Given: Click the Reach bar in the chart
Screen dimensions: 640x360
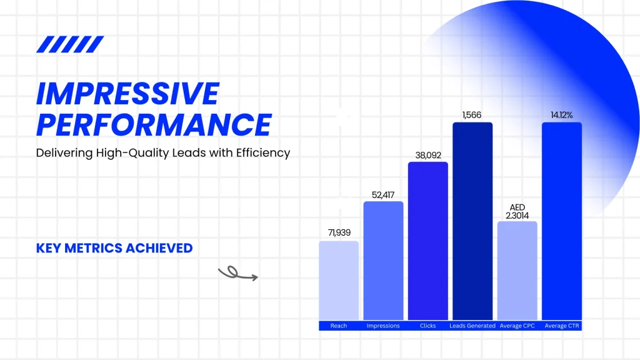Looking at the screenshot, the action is [339, 281].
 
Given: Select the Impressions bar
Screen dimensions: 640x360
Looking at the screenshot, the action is [383, 261].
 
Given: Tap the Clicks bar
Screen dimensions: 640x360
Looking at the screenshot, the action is [427, 241].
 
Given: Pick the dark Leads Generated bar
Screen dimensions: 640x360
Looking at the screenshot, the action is [472, 221].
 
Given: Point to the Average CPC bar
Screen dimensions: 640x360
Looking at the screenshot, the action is [517, 271].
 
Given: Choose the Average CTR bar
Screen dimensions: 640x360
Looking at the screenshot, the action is [562, 221].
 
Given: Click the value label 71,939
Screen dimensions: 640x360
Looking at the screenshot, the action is [339, 232].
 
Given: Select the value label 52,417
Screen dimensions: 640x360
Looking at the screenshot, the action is [383, 195].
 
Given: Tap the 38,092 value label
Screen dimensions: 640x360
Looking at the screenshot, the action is [428, 156].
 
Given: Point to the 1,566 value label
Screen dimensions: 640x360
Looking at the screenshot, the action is [472, 115].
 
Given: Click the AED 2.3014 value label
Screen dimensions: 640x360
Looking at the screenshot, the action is [517, 211].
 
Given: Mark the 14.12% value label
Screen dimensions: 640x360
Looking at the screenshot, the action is [562, 115].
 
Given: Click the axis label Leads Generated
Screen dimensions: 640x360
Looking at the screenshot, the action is [472, 326].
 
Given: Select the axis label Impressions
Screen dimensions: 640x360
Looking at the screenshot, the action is [383, 326].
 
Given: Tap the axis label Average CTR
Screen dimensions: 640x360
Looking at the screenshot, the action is [562, 326].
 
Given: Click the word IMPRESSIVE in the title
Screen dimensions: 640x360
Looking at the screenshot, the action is [128, 94].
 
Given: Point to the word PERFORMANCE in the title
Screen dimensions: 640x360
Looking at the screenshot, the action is [154, 124].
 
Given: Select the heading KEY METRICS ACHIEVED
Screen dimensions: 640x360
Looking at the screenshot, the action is [114, 248].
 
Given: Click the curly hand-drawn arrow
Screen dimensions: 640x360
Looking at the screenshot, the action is [238, 274].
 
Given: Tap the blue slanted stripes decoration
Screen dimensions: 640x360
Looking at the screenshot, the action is [70, 44].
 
